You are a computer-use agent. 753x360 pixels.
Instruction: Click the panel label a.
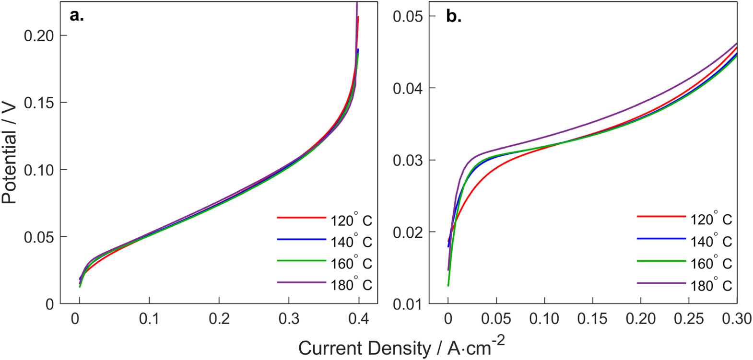[77, 16]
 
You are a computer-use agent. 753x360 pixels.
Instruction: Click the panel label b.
[454, 16]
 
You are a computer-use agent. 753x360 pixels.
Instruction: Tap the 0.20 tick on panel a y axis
[39, 35]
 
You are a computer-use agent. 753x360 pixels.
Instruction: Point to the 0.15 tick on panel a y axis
[39, 103]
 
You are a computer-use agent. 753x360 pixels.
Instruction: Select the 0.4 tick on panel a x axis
[358, 319]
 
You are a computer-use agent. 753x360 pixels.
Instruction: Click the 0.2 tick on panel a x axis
[219, 319]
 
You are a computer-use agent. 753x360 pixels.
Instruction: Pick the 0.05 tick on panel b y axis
[408, 16]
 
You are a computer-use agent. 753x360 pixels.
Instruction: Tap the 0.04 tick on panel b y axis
[408, 88]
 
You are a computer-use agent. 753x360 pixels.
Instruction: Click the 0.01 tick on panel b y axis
[408, 304]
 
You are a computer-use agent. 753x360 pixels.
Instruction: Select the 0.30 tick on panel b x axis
[736, 319]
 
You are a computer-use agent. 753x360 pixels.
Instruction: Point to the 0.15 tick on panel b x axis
[592, 319]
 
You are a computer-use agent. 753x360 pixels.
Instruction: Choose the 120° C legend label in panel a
[351, 220]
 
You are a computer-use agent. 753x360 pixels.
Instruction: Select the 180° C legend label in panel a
[351, 285]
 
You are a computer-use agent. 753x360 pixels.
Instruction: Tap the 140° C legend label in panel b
[711, 241]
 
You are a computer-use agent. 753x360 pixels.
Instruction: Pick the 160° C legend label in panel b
[711, 263]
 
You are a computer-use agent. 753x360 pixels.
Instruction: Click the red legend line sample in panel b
[661, 217]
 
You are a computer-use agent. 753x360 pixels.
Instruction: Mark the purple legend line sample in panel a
[301, 282]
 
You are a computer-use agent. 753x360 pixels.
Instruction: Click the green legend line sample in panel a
[301, 261]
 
